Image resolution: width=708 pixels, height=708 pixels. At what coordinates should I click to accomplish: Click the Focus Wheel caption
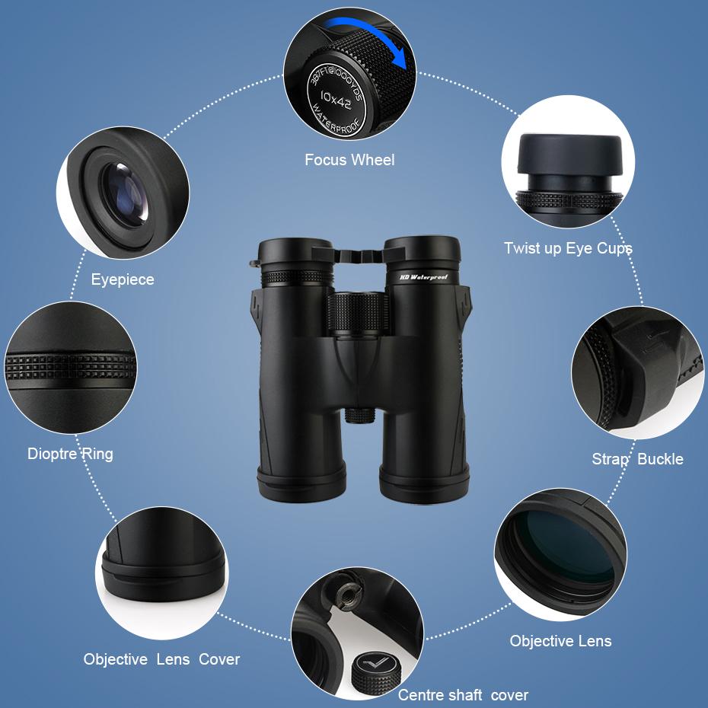pyautogui.click(x=349, y=160)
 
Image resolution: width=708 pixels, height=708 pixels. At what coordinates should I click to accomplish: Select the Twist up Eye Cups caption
pyautogui.click(x=568, y=248)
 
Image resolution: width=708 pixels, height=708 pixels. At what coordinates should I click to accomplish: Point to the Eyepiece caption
pyautogui.click(x=123, y=279)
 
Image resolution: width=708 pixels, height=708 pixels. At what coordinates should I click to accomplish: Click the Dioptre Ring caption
pyautogui.click(x=70, y=454)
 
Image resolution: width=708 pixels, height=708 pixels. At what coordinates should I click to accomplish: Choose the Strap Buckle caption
pyautogui.click(x=637, y=458)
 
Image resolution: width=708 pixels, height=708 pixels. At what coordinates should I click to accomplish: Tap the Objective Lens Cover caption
pyautogui.click(x=161, y=659)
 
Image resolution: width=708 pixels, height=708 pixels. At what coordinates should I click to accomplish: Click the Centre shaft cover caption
pyautogui.click(x=463, y=694)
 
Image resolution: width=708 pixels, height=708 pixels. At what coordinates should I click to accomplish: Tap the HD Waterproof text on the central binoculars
pyautogui.click(x=423, y=277)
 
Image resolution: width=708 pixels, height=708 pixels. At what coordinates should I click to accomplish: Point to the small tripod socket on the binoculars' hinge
pyautogui.click(x=359, y=414)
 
